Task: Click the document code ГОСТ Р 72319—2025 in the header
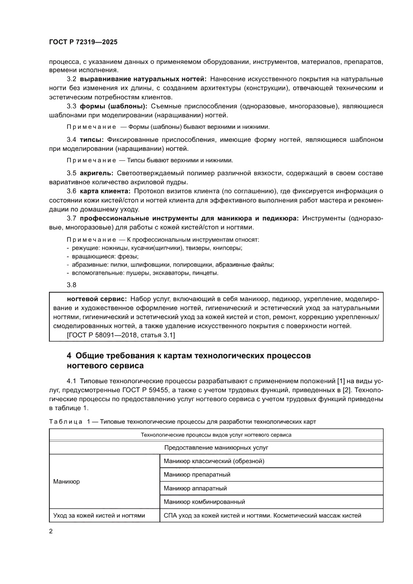[83, 43]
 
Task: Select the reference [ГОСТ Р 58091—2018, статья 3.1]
[120, 335]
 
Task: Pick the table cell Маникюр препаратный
[197, 474]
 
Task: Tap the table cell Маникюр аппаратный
[195, 488]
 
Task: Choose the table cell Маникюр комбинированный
[204, 502]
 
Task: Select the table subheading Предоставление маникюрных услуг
[216, 448]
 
